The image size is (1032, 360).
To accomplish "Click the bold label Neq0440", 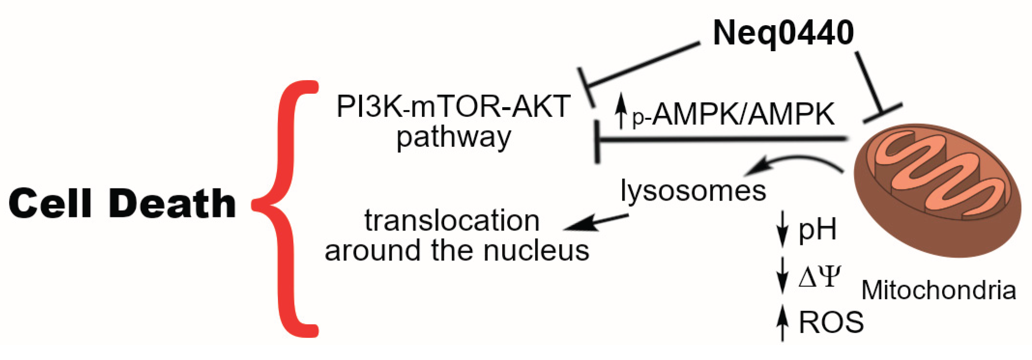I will pos(783,33).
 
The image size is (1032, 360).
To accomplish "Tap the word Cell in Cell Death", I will pos(50,203).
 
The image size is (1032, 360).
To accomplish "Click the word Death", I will pos(172,203).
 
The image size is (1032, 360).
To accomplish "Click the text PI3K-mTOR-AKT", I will pos(453,106).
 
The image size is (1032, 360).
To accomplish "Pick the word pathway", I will pos(453,138).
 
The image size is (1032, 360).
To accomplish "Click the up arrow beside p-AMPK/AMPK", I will pos(621,111).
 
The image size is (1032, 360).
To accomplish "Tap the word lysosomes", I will pos(693,190).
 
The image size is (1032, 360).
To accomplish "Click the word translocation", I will pos(451,221).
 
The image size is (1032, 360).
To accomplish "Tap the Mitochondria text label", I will pos(938,290).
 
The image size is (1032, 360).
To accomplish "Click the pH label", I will pos(817,230).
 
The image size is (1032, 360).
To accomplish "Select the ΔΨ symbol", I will pos(819,277).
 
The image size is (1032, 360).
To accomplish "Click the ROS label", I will pos(831,322).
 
